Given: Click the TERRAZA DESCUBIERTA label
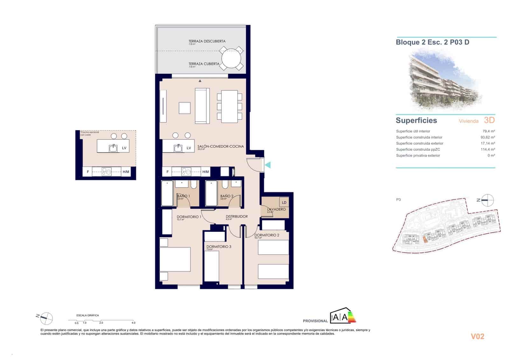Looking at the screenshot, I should [x=207, y=41].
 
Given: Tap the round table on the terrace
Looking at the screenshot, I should [x=232, y=59].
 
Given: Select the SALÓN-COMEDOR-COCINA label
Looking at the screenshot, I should [x=220, y=146].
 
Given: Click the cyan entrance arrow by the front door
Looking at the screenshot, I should [x=268, y=165].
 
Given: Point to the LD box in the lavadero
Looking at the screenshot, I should [x=284, y=202].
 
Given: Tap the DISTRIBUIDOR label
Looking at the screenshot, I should [x=237, y=216].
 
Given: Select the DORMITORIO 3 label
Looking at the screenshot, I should [x=219, y=247].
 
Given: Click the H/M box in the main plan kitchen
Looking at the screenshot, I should [x=206, y=172].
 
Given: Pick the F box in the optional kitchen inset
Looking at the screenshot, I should [x=88, y=172].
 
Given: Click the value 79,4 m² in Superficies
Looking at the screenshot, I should [x=488, y=131].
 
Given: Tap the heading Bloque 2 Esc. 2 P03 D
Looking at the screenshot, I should [x=432, y=42].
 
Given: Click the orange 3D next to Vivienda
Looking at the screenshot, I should [x=489, y=120].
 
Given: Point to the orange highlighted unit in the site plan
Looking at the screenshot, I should [x=425, y=240].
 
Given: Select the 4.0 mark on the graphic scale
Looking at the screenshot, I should [x=133, y=322].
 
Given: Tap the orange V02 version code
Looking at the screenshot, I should [x=477, y=336].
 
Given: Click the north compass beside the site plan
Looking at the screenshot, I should [x=487, y=200].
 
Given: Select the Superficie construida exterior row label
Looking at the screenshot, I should [x=420, y=143].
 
